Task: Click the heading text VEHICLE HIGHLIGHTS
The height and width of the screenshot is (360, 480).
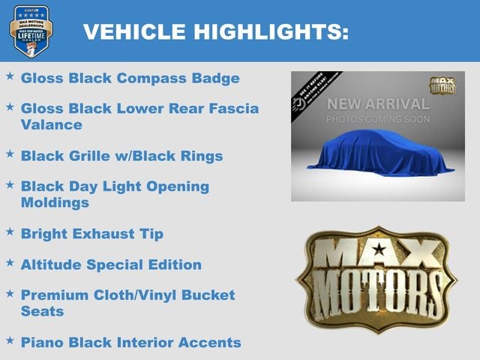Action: point(216,31)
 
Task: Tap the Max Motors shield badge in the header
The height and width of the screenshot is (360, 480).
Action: point(31,31)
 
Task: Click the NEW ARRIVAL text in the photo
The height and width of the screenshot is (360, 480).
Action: point(378,103)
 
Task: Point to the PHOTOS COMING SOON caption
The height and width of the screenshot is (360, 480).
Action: point(378,119)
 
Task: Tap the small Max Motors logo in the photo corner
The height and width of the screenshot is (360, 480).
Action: point(442,84)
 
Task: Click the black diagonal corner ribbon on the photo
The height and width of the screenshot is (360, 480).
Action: point(316,89)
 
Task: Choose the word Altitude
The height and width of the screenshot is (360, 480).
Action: point(51,265)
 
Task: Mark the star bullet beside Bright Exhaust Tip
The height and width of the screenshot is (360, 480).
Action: point(10,232)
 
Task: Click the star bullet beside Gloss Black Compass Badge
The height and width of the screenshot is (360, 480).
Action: point(10,76)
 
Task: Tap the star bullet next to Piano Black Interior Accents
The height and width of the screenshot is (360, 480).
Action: point(10,340)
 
